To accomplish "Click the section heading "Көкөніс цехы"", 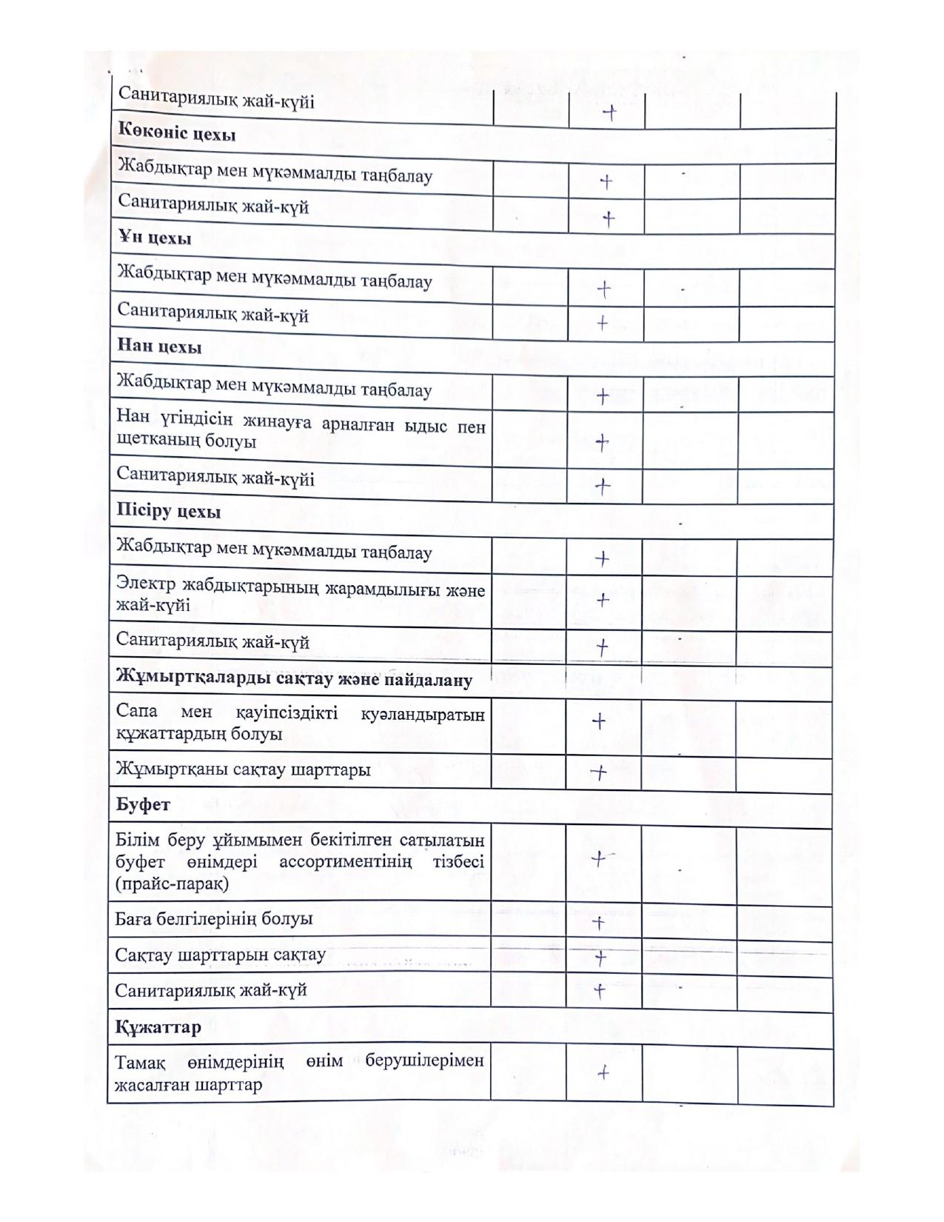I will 177,135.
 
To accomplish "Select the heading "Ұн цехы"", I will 154,238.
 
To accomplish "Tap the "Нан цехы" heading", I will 159,347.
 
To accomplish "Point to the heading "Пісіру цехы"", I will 169,512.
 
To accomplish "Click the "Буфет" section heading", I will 143,804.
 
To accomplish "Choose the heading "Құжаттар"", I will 158,1028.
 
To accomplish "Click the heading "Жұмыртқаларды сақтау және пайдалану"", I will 294,680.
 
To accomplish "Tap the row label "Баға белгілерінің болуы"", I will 214,919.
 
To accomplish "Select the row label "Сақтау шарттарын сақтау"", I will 220,955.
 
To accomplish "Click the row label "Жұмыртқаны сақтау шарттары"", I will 243,770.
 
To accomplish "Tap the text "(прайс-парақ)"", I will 173,884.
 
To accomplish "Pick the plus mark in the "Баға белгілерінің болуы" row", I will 599,923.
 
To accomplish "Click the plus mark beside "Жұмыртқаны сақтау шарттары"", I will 598,772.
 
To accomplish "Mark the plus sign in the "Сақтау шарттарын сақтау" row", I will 600,958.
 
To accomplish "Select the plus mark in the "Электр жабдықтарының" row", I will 603,599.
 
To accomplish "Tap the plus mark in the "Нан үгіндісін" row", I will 602,442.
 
